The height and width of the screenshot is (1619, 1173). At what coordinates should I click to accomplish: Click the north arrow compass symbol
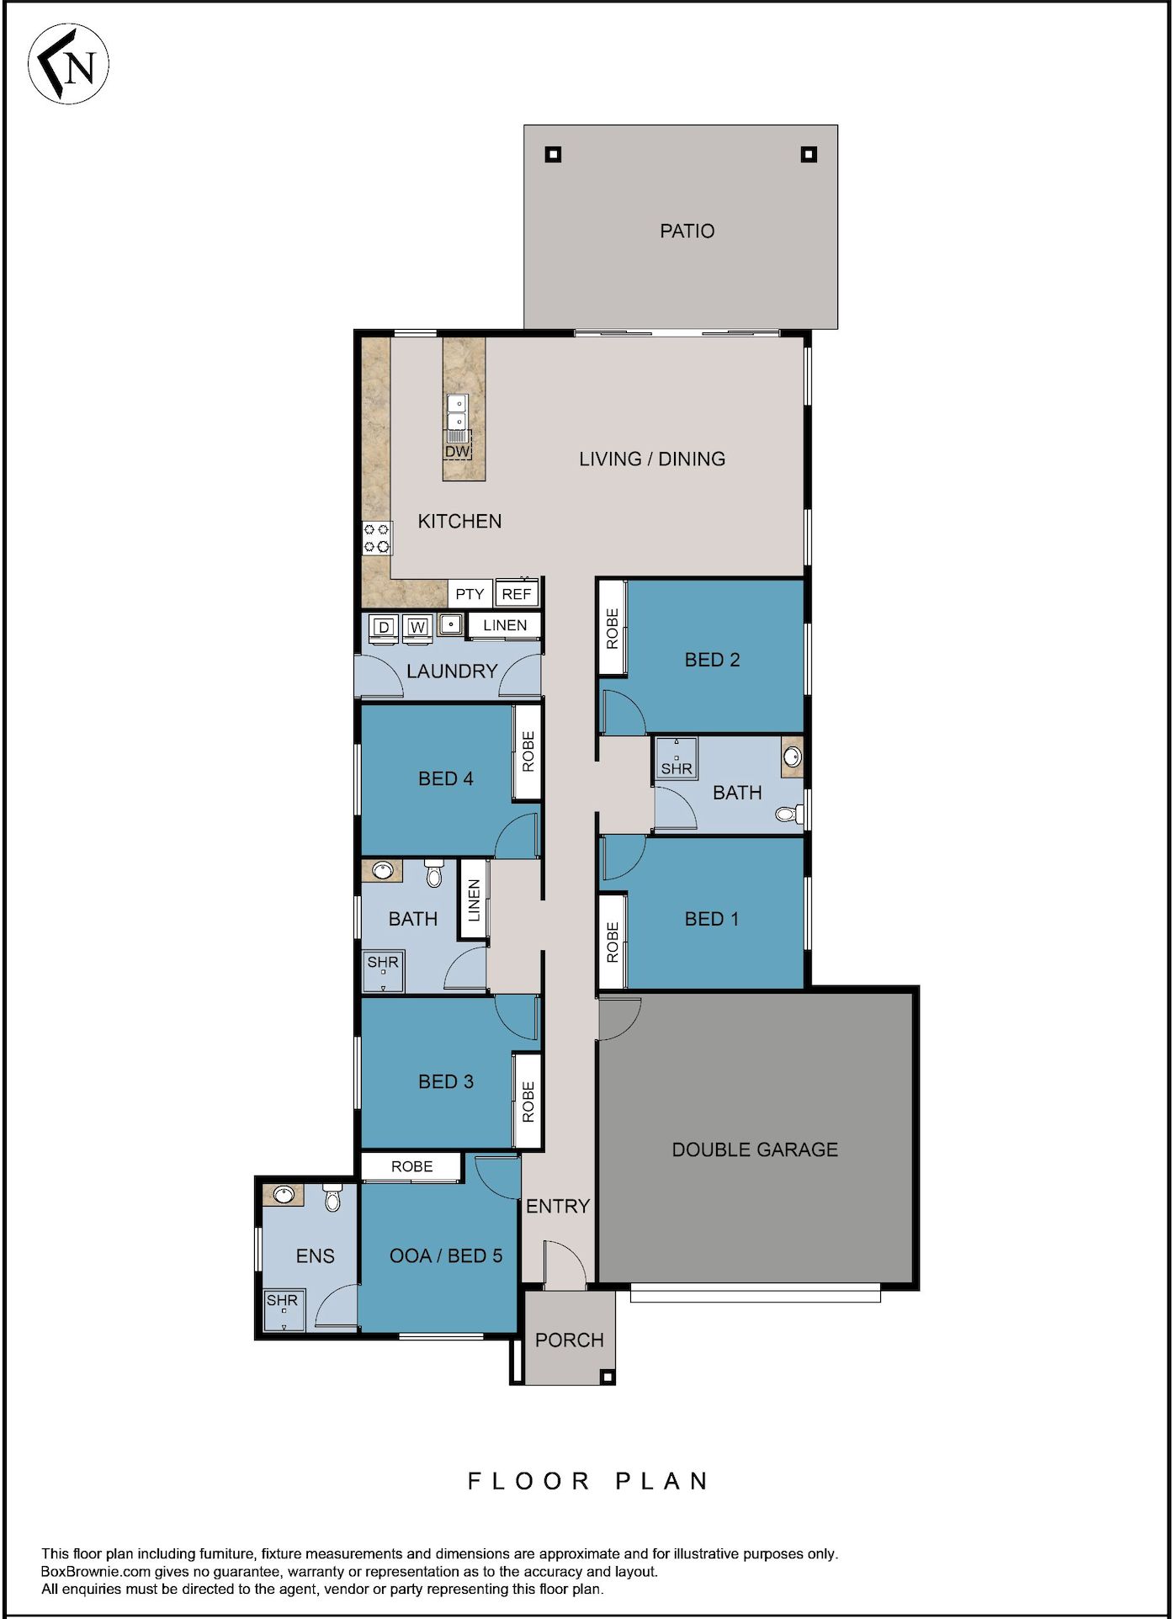click(68, 65)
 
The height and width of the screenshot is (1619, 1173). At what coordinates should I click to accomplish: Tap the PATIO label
click(687, 231)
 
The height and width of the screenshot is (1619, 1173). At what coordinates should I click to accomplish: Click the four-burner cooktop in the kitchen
click(376, 539)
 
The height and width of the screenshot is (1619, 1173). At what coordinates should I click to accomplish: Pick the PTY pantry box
click(470, 594)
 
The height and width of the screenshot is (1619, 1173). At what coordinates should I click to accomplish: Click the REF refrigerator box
click(516, 594)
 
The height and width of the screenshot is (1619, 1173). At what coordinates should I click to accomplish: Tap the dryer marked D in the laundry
click(384, 628)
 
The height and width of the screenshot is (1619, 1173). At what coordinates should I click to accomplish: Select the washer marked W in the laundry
click(417, 628)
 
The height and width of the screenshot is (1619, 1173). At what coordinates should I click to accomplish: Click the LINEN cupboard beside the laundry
click(505, 625)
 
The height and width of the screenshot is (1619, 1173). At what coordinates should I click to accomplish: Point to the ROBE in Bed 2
click(612, 629)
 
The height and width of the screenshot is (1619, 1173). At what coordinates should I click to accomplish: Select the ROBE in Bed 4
click(528, 751)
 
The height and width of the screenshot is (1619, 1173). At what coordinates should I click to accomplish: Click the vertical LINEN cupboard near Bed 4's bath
click(474, 900)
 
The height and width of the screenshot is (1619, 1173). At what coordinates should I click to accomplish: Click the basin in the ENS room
click(284, 1194)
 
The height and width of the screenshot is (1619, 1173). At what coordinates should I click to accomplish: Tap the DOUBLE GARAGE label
click(755, 1149)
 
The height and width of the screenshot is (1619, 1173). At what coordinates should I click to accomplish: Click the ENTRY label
click(557, 1207)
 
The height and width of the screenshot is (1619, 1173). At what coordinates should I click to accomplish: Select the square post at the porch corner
click(607, 1377)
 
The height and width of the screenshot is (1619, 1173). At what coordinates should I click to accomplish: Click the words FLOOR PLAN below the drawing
click(588, 1482)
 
